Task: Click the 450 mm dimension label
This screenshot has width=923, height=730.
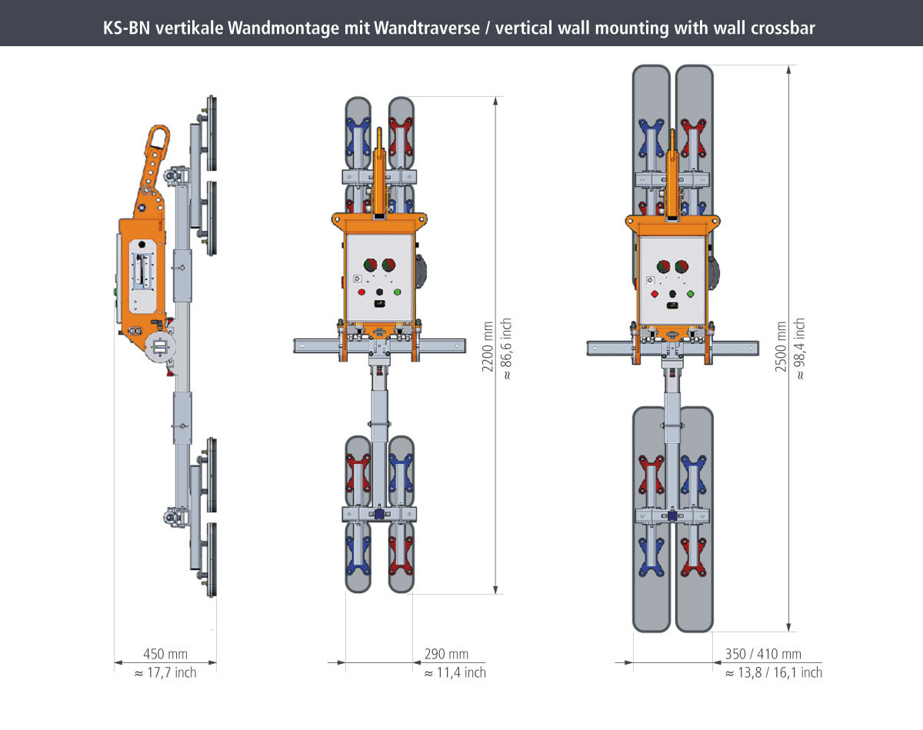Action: [x=165, y=655]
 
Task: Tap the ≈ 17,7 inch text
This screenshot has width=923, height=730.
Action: [x=165, y=673]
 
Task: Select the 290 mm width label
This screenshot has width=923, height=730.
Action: [x=446, y=655]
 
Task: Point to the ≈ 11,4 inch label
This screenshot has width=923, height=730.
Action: [x=455, y=673]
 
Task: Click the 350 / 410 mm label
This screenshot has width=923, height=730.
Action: [x=763, y=655]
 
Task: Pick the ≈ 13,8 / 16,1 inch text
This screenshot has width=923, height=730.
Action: [x=774, y=673]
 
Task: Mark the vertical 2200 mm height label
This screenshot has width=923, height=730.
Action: [x=488, y=346]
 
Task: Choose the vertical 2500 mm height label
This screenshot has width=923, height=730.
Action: [x=781, y=346]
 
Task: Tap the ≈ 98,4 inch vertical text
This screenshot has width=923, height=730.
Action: [x=800, y=348]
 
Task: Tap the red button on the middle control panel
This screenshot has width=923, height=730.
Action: [x=361, y=292]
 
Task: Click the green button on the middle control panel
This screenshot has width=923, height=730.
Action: [x=398, y=292]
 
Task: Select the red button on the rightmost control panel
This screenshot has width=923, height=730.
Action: [x=655, y=293]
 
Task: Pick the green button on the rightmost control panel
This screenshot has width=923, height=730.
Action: [x=691, y=293]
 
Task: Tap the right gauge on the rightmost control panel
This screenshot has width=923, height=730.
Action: [x=681, y=268]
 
